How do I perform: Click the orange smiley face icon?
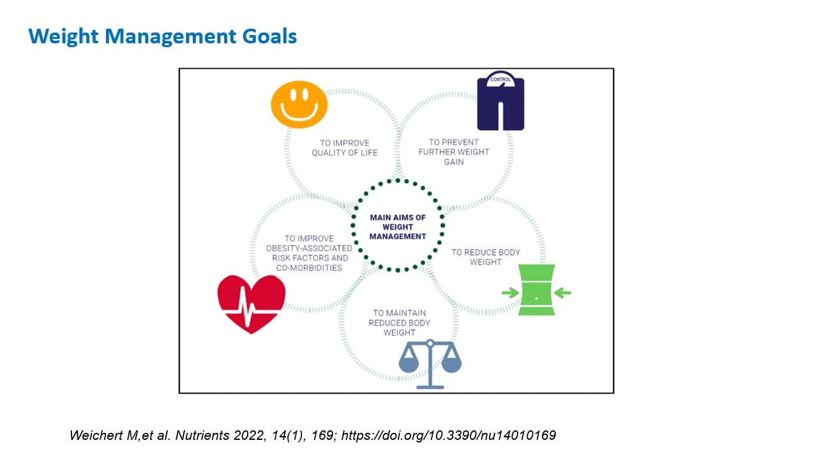pyautogui.click(x=299, y=105)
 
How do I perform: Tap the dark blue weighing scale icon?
pyautogui.click(x=500, y=103)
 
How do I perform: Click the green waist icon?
pyautogui.click(x=536, y=290)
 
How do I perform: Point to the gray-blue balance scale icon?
pyautogui.click(x=430, y=364)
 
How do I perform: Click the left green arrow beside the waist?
pyautogui.click(x=510, y=293)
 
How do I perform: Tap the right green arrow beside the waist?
pyautogui.click(x=562, y=293)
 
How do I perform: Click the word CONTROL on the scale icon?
pyautogui.click(x=500, y=80)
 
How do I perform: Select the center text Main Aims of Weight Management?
pyautogui.click(x=398, y=227)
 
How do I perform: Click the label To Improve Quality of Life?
pyautogui.click(x=345, y=148)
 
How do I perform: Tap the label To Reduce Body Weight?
pyautogui.click(x=486, y=257)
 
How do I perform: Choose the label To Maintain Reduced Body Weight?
pyautogui.click(x=400, y=323)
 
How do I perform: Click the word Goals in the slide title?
pyautogui.click(x=269, y=36)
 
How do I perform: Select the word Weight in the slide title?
pyautogui.click(x=61, y=36)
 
